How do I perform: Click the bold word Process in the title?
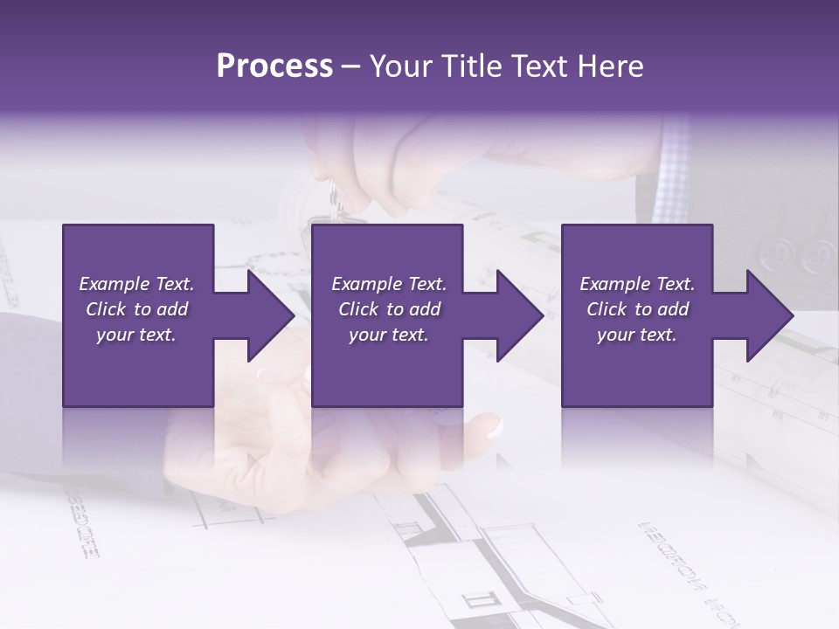[x=274, y=66]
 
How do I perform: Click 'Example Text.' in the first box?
[x=136, y=284]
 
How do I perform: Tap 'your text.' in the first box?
[x=136, y=335]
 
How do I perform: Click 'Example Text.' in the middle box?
[x=389, y=284]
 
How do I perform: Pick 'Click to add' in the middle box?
[x=389, y=309]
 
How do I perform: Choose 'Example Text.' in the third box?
[x=637, y=284]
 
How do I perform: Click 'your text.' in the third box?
[x=637, y=335]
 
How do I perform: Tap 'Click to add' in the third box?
[x=637, y=309]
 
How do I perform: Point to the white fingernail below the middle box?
[x=495, y=427]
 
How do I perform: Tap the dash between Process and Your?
[x=350, y=66]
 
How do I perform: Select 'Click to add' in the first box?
[x=136, y=309]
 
